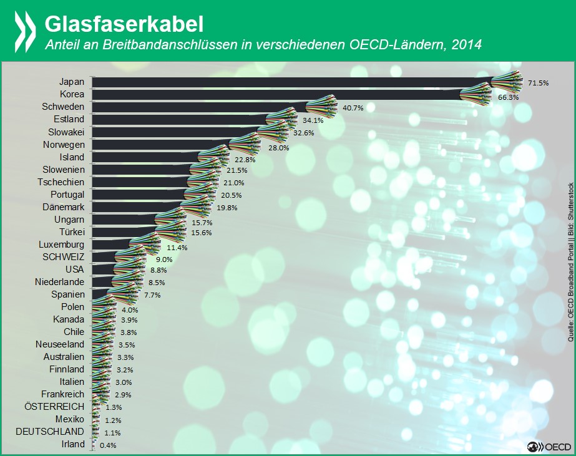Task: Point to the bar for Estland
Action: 181,119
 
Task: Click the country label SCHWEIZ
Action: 63,256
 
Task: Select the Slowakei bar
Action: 178,132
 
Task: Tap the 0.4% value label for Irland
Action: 107,445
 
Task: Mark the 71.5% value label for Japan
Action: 538,83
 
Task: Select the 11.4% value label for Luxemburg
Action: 160,248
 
